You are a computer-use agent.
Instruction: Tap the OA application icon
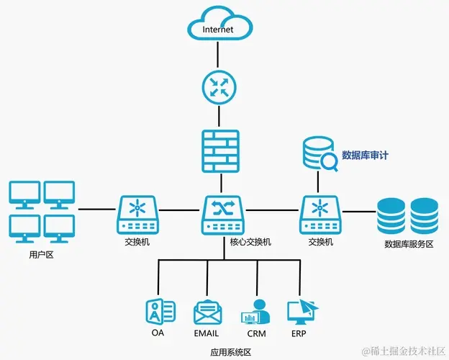[159, 312]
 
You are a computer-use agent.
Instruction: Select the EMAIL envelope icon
[207, 312]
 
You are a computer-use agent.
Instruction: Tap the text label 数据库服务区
[409, 244]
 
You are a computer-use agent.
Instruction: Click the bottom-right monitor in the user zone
[59, 226]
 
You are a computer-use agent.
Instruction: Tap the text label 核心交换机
[250, 242]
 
